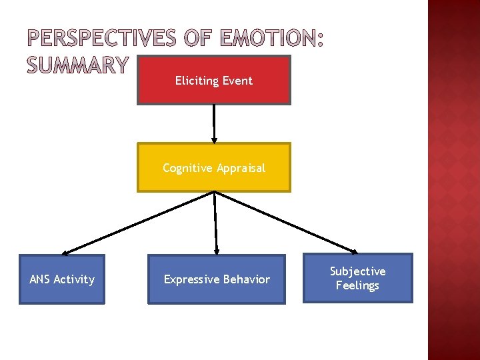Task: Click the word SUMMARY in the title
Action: click(77, 65)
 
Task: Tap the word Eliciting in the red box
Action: click(197, 81)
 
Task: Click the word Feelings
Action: click(357, 286)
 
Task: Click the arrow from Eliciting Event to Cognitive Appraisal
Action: click(213, 123)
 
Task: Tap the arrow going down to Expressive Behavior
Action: click(215, 223)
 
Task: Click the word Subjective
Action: click(358, 271)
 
